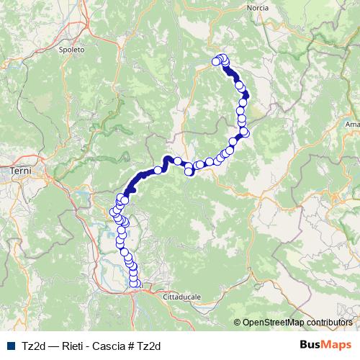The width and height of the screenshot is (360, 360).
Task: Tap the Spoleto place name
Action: point(73,50)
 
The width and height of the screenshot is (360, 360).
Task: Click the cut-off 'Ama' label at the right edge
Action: point(352,125)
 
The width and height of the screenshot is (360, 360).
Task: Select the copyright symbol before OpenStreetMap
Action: point(238,323)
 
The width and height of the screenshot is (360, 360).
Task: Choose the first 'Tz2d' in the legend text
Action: point(30,346)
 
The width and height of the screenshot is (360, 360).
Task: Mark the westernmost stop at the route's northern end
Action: point(215,62)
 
